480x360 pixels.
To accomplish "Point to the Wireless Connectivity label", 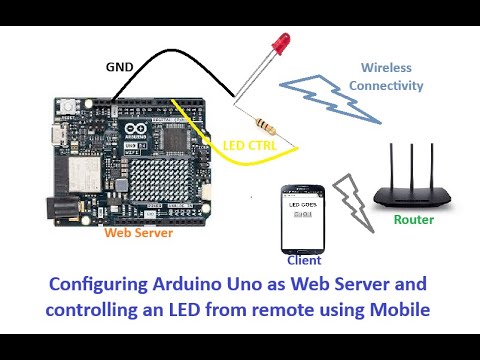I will [385, 77].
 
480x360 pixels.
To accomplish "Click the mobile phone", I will [304, 219].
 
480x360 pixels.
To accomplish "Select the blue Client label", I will [304, 260].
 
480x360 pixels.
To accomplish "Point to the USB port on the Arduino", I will [56, 135].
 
